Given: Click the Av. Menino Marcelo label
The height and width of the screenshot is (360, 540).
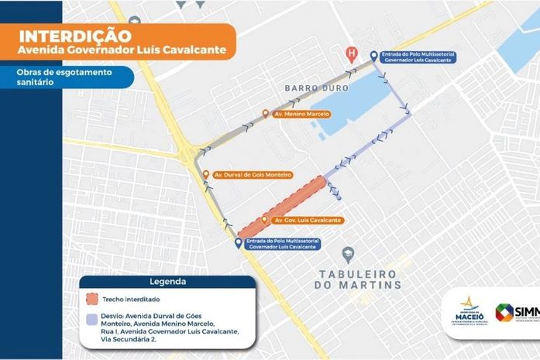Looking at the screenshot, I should (x=302, y=114).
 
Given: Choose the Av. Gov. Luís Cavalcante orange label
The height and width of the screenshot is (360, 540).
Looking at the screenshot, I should (x=308, y=221).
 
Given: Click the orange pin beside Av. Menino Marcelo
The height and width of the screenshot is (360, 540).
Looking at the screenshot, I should (x=266, y=114).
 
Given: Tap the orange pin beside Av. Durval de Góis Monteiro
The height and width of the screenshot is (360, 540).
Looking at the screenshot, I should (x=206, y=174).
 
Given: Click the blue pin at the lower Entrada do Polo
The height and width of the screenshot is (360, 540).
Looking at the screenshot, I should (x=238, y=242).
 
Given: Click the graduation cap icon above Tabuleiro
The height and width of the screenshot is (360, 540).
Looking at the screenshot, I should (x=349, y=254).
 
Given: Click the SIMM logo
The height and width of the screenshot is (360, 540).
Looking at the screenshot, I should (x=516, y=313).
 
